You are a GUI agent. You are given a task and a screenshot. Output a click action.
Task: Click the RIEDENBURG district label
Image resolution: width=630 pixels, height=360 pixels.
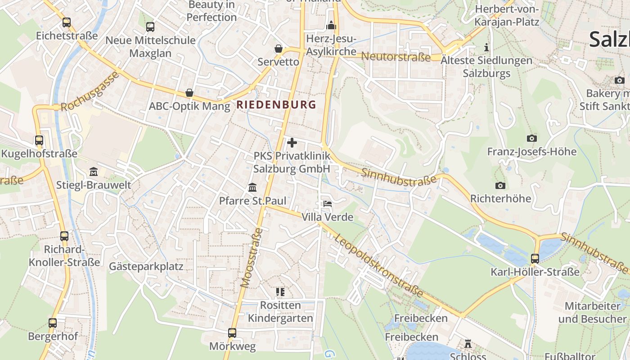point(276,105)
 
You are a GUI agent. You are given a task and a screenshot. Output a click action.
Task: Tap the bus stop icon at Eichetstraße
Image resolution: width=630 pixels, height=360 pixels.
point(67,22)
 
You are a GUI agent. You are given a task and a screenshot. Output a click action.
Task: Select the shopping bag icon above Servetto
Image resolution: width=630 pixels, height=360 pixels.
point(279,48)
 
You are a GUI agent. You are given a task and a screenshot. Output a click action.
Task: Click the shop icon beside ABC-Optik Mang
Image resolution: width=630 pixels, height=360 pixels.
point(189,93)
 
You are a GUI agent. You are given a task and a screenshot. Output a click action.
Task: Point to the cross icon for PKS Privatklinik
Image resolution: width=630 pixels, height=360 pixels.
point(292,143)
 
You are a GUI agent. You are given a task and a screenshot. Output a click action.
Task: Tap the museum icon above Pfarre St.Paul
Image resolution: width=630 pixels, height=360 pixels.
point(252,187)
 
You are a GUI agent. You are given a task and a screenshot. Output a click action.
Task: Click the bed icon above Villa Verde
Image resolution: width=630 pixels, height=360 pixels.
point(327,204)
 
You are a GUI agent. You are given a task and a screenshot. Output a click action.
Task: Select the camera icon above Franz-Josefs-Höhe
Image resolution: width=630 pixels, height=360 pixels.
point(531,138)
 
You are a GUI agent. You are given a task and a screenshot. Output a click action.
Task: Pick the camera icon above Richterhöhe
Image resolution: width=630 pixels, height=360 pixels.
point(500,185)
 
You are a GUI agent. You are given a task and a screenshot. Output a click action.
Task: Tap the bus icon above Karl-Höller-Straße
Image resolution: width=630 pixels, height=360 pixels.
point(535,259)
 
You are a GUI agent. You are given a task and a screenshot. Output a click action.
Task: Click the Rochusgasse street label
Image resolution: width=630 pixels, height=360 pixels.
point(90,92)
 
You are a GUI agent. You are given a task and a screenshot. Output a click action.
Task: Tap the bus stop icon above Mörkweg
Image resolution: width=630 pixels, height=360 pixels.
point(232,333)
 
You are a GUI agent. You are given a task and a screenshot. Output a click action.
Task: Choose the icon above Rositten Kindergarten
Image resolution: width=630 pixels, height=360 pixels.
point(280,292)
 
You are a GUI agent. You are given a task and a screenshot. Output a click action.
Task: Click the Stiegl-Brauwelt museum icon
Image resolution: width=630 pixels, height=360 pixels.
point(94,171)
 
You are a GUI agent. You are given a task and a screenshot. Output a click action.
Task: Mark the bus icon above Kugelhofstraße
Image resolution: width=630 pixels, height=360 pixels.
point(39,140)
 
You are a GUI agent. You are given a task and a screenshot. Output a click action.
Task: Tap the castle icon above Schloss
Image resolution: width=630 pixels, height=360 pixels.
point(468,344)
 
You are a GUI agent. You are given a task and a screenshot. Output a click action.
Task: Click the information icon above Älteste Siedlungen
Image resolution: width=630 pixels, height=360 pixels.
point(486,47)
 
